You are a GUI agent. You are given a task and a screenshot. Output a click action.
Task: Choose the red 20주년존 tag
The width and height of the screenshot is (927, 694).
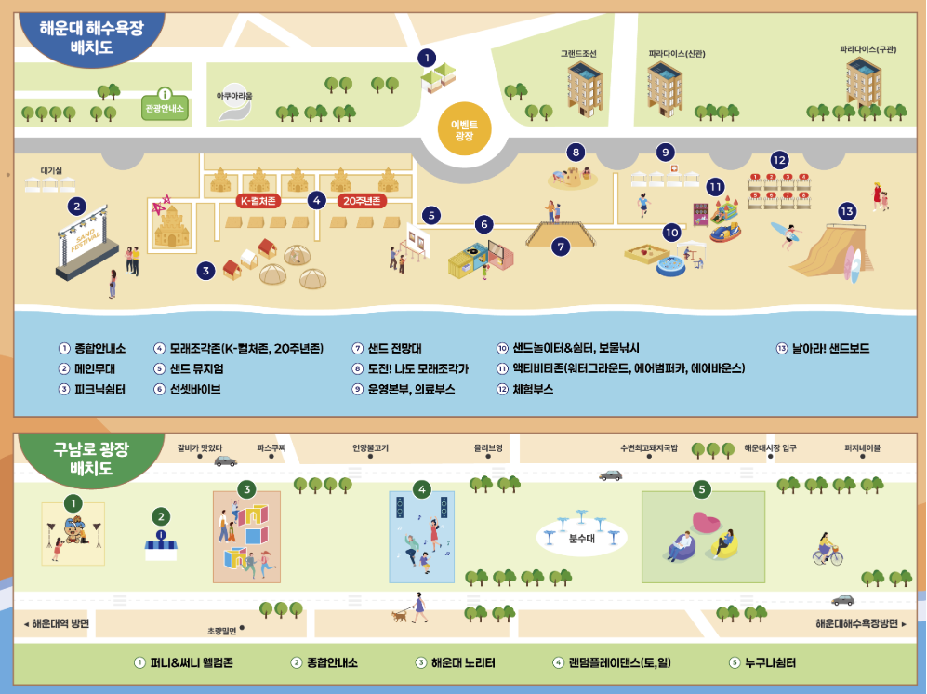coord(363,200)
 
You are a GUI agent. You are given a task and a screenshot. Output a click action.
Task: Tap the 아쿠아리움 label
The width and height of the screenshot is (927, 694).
coord(234,95)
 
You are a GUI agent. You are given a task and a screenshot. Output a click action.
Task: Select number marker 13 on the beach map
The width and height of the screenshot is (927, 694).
coord(846,211)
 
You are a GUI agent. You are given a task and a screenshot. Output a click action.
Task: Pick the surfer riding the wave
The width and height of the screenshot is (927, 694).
coord(786,233)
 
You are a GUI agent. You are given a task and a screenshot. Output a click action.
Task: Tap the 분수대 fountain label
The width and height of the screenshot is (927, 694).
coord(581,537)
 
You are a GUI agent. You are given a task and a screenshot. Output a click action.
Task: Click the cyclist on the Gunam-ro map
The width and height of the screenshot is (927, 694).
coord(827,550)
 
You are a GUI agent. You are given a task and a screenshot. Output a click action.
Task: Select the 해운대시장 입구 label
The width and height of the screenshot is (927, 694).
coord(770,447)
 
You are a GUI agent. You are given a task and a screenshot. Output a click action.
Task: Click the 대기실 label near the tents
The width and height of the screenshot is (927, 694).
coord(51,171)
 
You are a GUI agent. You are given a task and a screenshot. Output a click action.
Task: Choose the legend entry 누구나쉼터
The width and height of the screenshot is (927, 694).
coord(770,663)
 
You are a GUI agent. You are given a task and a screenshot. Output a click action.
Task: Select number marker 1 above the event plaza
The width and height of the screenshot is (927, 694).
coord(427,58)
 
